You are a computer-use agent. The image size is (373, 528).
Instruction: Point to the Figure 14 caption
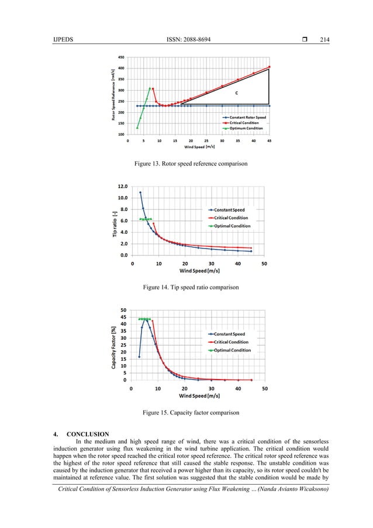click(186, 288)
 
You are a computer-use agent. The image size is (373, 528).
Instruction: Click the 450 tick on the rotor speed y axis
click(120, 57)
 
